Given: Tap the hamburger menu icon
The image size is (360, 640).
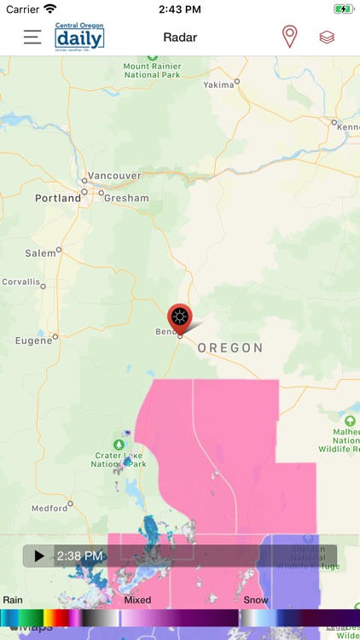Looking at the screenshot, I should pos(32,38).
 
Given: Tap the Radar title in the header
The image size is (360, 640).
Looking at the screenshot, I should pos(180,38).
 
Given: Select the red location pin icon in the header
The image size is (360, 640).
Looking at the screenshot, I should pos(290,38).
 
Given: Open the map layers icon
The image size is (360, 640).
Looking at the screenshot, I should pos(327,38).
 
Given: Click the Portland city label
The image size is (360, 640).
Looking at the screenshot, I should pos(57,198).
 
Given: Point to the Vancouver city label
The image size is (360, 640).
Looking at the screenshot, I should pos(114,176).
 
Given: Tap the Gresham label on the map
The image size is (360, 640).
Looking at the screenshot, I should pos(125,198).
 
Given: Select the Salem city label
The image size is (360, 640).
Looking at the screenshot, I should pos(40,253).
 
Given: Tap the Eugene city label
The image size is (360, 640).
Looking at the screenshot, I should pos(34,341).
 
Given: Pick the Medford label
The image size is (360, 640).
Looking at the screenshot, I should pos(49,509).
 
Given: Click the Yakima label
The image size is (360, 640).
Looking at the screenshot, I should pos(218,85).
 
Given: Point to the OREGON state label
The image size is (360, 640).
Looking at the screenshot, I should pos(230,348).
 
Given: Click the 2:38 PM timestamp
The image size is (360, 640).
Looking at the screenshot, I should pos(80,556).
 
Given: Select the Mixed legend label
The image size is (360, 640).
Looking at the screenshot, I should pos(137,600).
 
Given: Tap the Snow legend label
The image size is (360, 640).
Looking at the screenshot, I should pos(256,600).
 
